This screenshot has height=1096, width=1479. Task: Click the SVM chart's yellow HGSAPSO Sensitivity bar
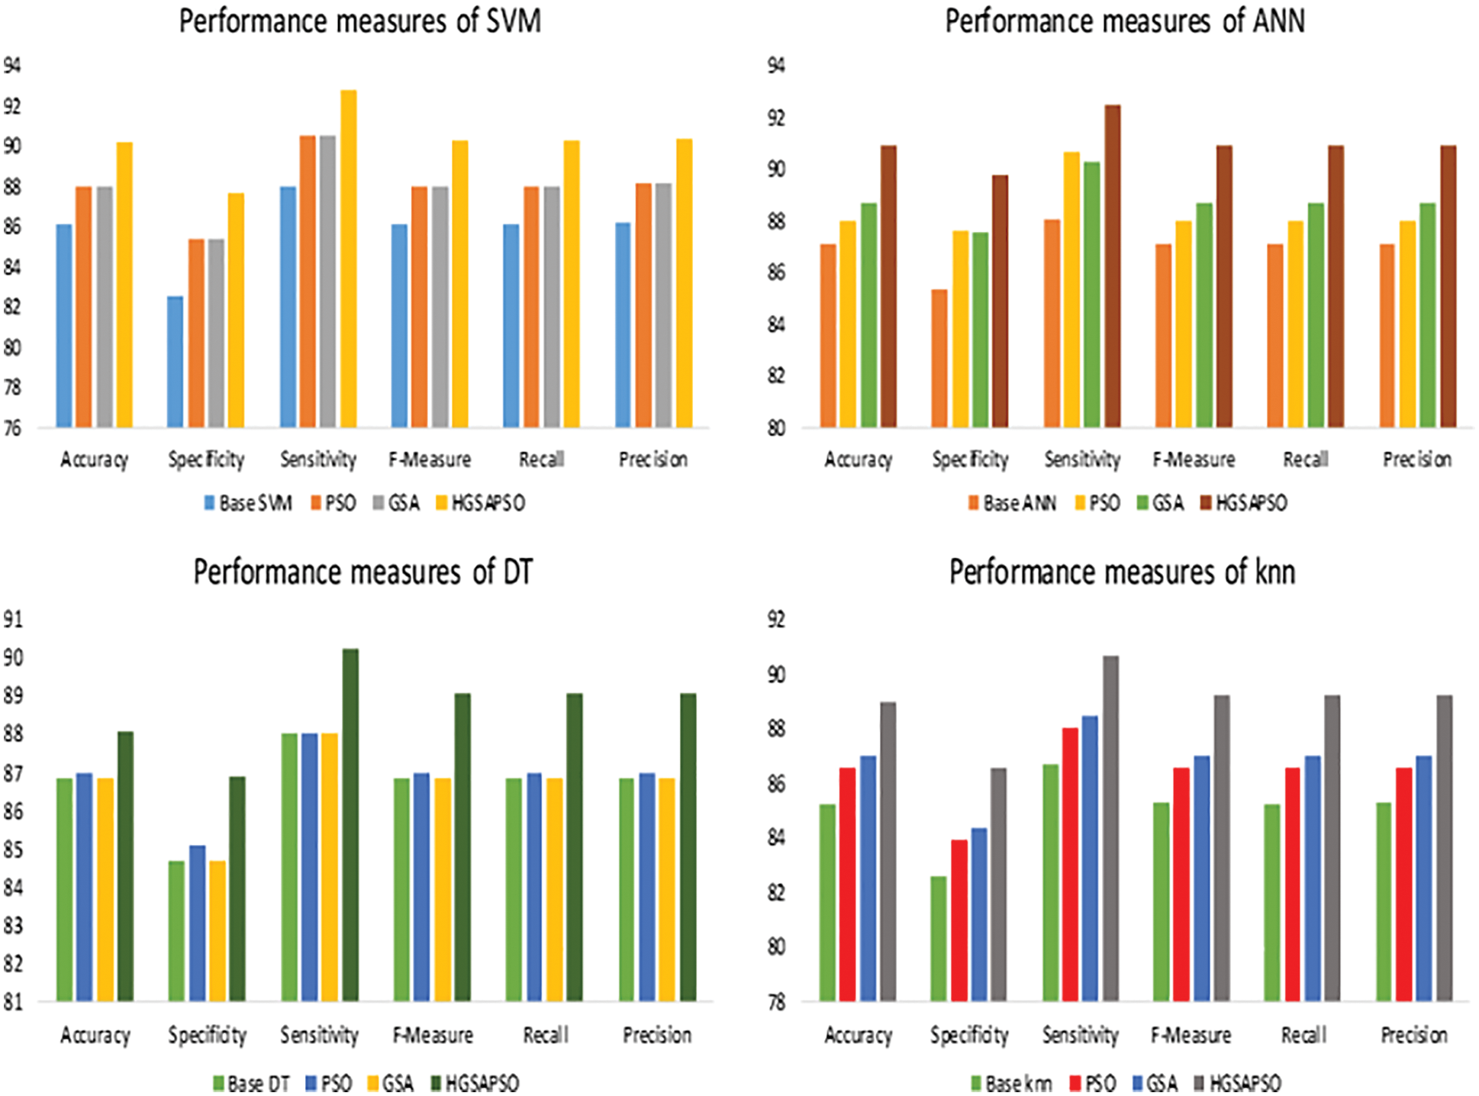point(348,259)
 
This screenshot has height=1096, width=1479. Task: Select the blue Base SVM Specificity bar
point(175,362)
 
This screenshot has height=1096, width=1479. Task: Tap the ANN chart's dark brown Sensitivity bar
point(1113,267)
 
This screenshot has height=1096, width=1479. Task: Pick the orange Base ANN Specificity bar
point(939,359)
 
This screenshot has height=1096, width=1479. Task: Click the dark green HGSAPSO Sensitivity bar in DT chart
point(350,824)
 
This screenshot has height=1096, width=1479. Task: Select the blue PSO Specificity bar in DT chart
point(197,924)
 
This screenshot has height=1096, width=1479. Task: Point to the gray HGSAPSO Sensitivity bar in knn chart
point(1110,828)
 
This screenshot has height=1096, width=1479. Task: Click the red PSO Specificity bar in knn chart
point(959,920)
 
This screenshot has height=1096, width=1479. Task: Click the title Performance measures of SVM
point(359,21)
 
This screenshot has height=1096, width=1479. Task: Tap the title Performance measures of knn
point(1122,572)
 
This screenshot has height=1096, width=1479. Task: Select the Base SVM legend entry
point(248,503)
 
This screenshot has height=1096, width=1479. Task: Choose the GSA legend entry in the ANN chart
point(1160,503)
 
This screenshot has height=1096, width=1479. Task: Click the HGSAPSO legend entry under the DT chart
point(475,1083)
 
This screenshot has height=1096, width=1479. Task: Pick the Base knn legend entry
point(1010,1083)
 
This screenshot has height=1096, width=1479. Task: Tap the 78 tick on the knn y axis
point(776,1002)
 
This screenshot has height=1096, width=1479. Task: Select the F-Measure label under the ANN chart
point(1194,459)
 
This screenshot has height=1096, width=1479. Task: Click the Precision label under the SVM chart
point(653,459)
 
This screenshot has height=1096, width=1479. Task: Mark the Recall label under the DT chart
point(546,1035)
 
